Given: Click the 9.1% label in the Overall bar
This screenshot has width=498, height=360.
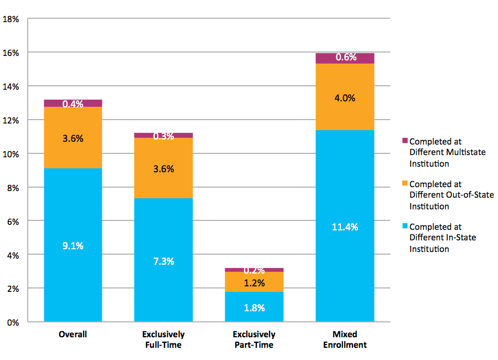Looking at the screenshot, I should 73,245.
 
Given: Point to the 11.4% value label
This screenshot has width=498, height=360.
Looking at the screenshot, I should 345,227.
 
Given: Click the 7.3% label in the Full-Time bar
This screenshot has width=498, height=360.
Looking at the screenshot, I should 163,261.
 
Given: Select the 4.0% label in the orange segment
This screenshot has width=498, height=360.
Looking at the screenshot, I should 345,98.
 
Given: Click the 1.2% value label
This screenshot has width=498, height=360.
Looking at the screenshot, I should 254,283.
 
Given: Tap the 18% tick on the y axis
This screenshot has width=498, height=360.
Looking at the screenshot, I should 11,19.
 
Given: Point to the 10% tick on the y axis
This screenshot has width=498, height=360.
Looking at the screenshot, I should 11,154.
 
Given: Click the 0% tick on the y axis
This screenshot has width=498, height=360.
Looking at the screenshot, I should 13,322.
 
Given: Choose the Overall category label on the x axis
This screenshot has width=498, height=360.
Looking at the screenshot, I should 73,335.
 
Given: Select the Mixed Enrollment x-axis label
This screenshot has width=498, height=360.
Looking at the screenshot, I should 345,340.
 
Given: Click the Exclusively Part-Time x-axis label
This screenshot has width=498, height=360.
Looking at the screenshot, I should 254,340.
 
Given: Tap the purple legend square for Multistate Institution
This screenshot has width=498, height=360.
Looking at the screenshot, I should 404,141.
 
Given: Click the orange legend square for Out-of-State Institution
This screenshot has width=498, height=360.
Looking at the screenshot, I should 404,184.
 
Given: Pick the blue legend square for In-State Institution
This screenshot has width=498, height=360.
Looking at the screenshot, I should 404,227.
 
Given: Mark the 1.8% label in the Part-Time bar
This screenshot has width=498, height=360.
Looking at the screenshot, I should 254,307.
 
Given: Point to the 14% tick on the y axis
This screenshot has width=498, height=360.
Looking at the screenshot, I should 11,86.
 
